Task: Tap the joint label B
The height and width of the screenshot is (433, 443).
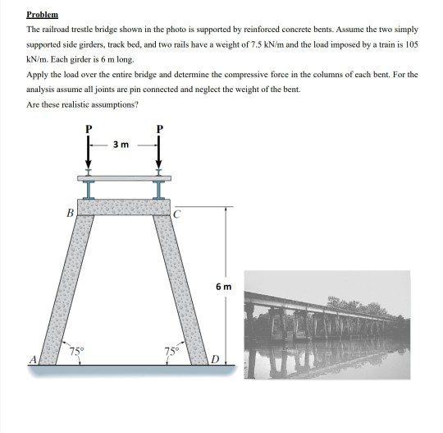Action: coord(71,212)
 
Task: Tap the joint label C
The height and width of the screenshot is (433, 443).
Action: coord(177,212)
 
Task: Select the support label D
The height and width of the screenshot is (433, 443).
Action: coord(215,359)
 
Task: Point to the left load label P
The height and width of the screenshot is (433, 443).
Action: coord(89,129)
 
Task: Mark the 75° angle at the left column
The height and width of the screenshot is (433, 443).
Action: coord(75,351)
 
